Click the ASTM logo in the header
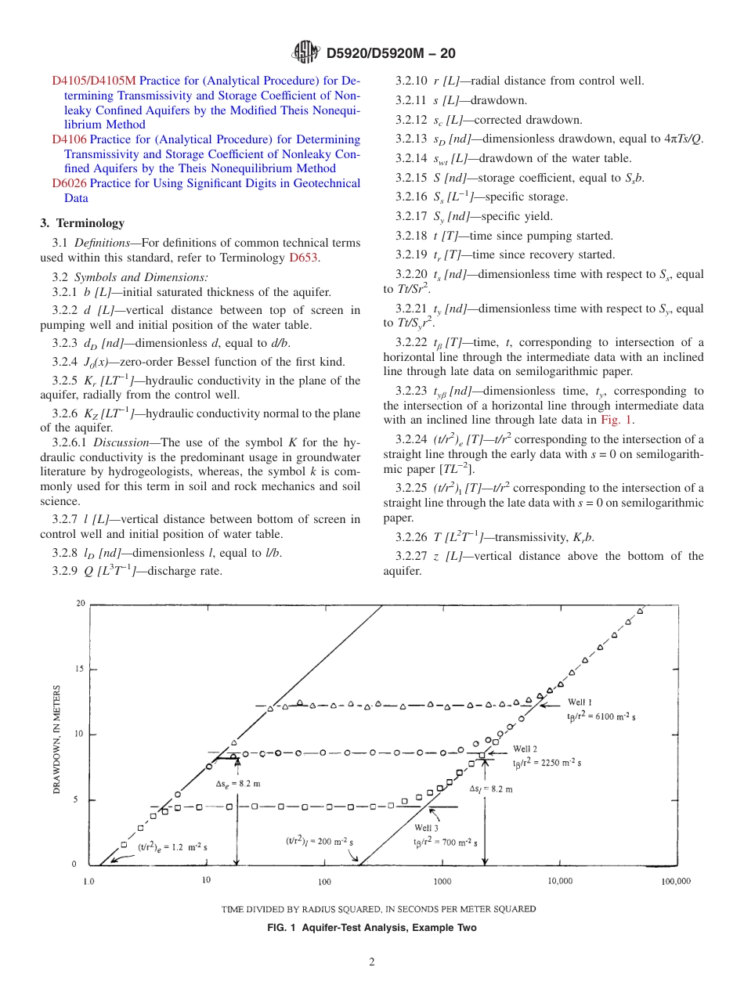point(305,53)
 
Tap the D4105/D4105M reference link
point(94,80)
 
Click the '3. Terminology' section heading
point(82,223)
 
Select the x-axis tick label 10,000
point(559,881)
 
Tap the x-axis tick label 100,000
point(675,881)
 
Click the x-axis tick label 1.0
point(89,881)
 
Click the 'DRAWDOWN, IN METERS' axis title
point(57,740)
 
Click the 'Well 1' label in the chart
point(580,702)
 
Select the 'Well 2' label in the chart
point(525,749)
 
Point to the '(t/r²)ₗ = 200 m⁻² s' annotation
point(320,841)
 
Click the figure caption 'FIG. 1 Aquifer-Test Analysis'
point(371,928)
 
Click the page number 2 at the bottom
point(372,962)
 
